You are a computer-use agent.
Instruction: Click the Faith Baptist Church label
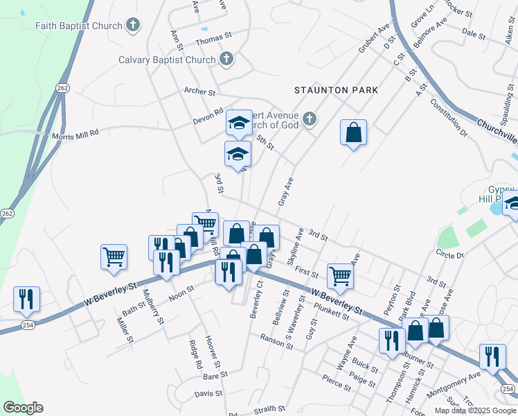78,26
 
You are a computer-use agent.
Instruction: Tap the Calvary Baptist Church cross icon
226,60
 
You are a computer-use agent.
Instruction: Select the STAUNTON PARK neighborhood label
336,90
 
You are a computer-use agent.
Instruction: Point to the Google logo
23,408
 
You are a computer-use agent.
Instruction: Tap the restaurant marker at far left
26,299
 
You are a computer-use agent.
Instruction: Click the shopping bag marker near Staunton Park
353,132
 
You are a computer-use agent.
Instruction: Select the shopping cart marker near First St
340,275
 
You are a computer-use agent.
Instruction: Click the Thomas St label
213,42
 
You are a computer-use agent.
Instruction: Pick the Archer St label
200,91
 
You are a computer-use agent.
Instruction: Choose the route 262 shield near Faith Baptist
63,88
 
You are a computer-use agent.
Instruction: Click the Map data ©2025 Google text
474,410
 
